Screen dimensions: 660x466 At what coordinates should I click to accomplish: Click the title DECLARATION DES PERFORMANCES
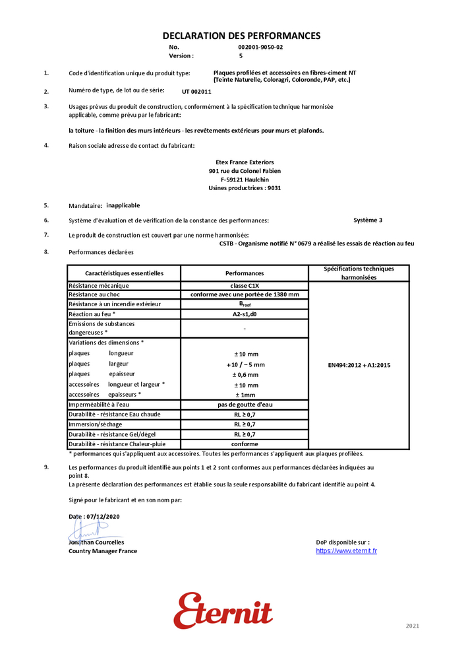click(241, 36)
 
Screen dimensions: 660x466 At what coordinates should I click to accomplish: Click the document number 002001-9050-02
click(260, 48)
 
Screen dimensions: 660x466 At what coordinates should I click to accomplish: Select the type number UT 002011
click(196, 92)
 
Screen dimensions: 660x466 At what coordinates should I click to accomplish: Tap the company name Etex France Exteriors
click(245, 162)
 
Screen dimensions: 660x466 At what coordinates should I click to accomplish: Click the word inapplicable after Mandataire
click(123, 205)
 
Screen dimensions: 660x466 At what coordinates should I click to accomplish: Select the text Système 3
click(368, 220)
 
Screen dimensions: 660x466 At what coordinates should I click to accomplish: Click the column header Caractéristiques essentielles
click(124, 273)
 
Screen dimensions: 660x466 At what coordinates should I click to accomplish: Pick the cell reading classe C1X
click(245, 285)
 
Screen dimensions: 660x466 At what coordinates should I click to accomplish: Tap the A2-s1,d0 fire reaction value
click(245, 314)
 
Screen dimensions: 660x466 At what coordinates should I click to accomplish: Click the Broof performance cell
click(245, 304)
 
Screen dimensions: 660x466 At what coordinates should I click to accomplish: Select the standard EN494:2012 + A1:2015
click(359, 364)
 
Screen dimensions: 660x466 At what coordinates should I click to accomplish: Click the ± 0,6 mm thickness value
click(245, 374)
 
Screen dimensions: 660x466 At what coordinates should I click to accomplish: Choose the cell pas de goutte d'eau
click(245, 404)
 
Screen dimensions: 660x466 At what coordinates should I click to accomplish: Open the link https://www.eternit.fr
click(346, 551)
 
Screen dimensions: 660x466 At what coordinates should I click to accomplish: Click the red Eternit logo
click(223, 610)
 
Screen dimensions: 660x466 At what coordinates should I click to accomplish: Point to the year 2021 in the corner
click(412, 626)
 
